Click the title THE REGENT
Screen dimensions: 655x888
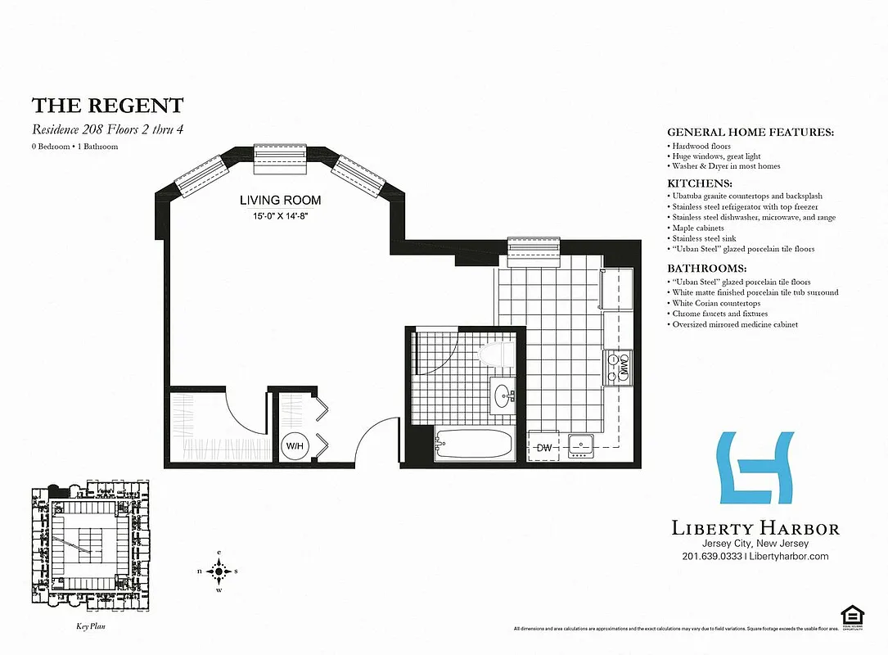tap(107, 106)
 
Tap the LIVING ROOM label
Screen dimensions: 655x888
tap(280, 200)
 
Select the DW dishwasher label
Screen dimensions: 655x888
tap(544, 447)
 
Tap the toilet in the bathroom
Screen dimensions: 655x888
tap(498, 355)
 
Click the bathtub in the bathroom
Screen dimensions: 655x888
tap(474, 445)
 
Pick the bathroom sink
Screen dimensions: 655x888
tap(502, 395)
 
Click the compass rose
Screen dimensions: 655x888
tap(219, 571)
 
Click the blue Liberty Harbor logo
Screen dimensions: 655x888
tap(756, 468)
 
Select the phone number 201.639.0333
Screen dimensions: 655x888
tap(710, 557)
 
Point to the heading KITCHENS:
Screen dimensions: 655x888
tap(700, 183)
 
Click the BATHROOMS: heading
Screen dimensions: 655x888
tap(707, 269)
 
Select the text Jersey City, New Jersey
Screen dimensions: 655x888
tap(755, 544)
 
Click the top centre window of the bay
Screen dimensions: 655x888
tap(279, 158)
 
